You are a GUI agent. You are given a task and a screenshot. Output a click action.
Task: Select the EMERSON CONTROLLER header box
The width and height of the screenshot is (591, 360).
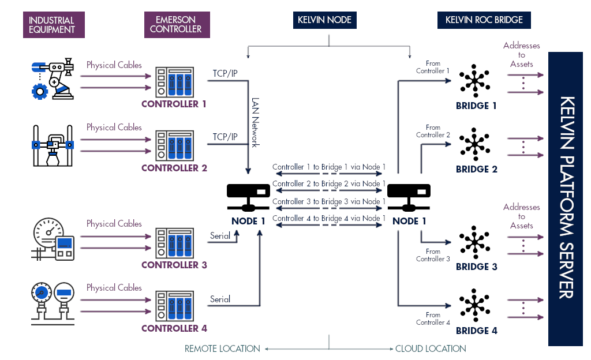(176, 25)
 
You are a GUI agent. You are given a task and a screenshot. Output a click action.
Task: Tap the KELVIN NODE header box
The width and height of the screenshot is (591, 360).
(324, 20)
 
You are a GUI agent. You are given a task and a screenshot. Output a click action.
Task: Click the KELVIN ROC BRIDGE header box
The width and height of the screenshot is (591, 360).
(484, 20)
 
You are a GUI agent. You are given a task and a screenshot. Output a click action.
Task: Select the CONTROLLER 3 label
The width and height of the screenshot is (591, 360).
(174, 265)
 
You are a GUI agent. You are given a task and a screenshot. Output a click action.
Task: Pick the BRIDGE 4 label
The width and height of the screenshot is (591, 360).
(476, 331)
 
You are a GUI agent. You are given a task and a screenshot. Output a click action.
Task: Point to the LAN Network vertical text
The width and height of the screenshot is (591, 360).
(255, 122)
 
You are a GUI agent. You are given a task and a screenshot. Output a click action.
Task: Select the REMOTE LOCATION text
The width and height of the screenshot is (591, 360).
(222, 348)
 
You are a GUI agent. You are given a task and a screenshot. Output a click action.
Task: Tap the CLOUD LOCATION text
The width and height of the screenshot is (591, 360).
(431, 348)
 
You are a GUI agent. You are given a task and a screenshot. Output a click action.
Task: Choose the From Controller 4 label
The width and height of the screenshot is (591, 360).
(433, 318)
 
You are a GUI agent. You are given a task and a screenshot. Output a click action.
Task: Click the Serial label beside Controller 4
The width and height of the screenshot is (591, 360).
(220, 299)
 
